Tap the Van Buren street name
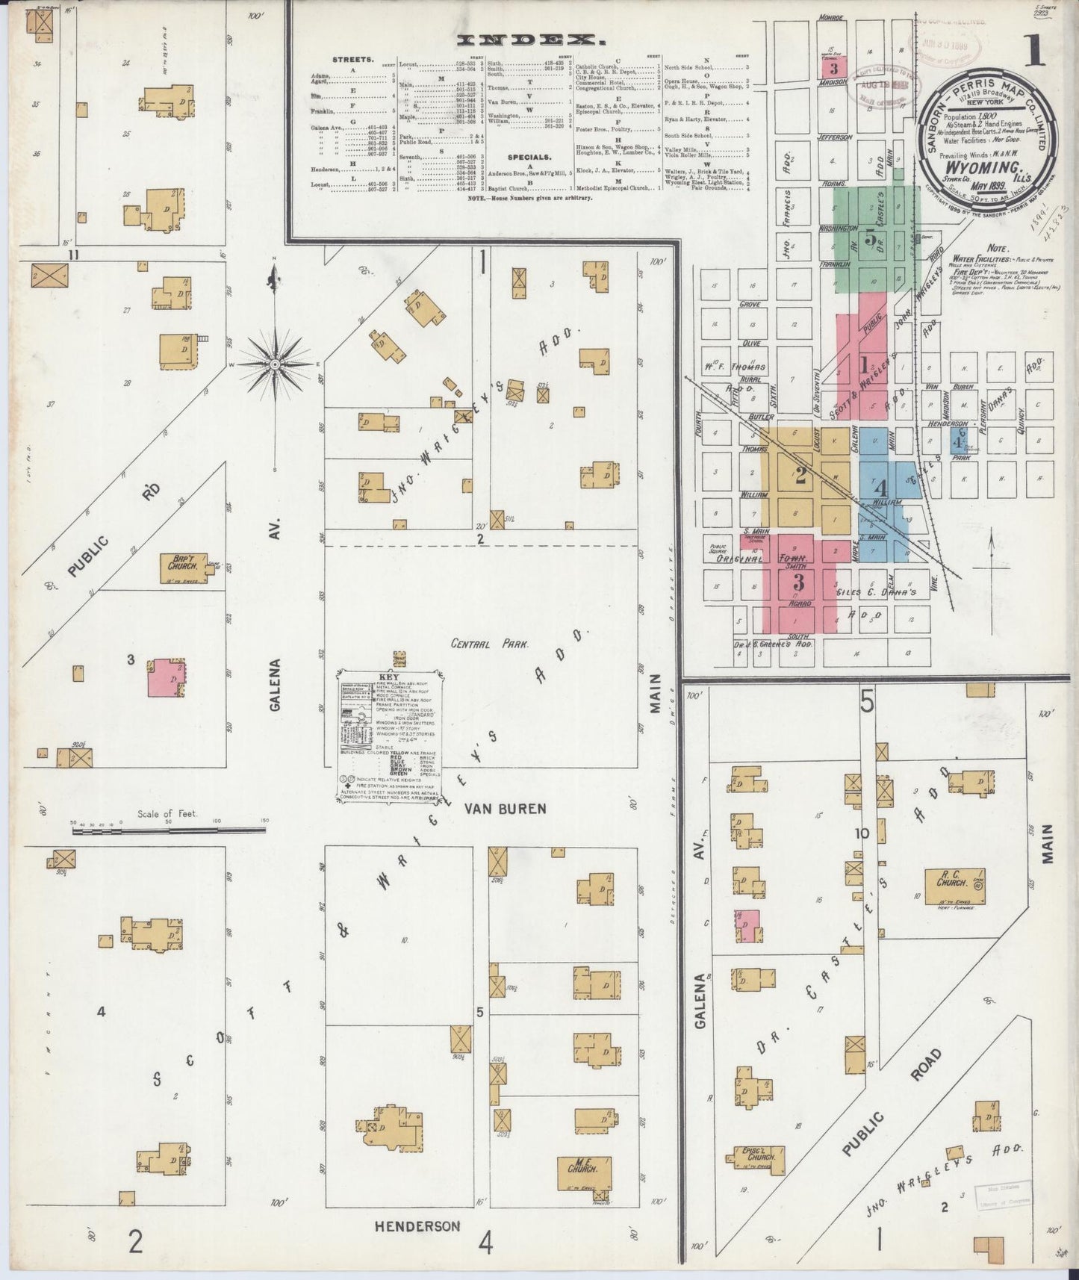pyautogui.click(x=506, y=808)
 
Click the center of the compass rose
pyautogui.click(x=275, y=364)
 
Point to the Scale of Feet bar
pyautogui.click(x=170, y=829)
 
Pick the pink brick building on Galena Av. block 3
pyautogui.click(x=167, y=678)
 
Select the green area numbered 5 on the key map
pyautogui.click(x=870, y=239)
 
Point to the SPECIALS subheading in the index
pyautogui.click(x=529, y=158)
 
